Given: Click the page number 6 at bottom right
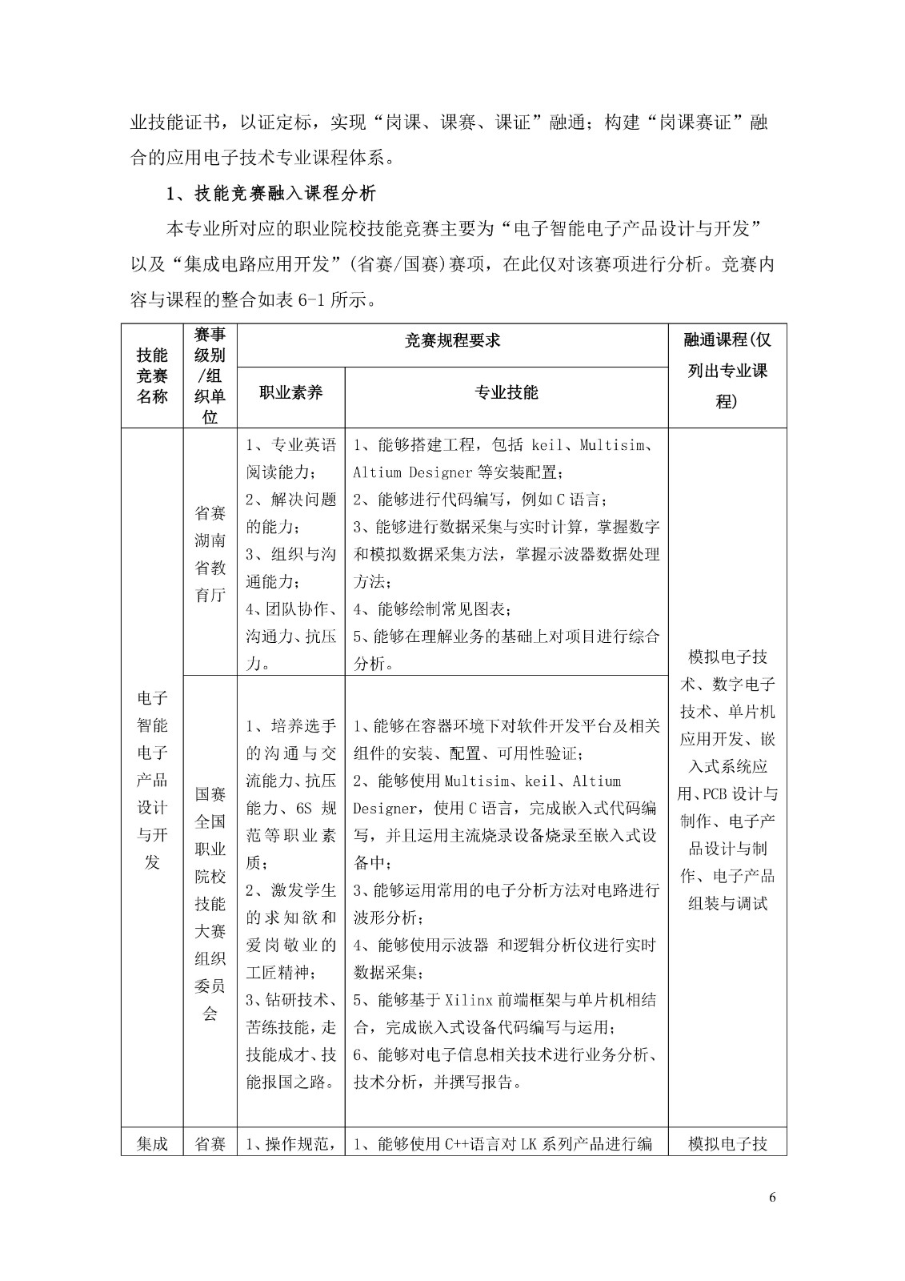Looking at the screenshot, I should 771,1198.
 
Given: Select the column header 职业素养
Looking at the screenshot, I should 291,392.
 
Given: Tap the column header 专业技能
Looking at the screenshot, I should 507,392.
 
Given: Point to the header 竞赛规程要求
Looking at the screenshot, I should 452,341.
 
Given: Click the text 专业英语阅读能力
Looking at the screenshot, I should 291,458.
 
